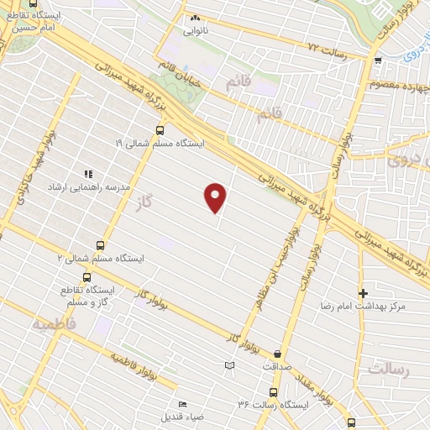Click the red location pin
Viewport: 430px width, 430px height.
click(x=216, y=198)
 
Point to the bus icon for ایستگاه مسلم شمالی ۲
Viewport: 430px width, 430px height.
click(x=101, y=246)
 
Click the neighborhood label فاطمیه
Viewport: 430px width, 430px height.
click(x=53, y=323)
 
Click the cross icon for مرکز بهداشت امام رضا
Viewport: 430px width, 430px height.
click(x=363, y=293)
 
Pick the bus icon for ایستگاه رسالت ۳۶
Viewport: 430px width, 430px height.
click(x=272, y=391)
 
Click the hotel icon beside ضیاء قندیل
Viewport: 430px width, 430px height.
click(x=182, y=404)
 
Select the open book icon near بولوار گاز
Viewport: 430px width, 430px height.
click(x=230, y=365)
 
